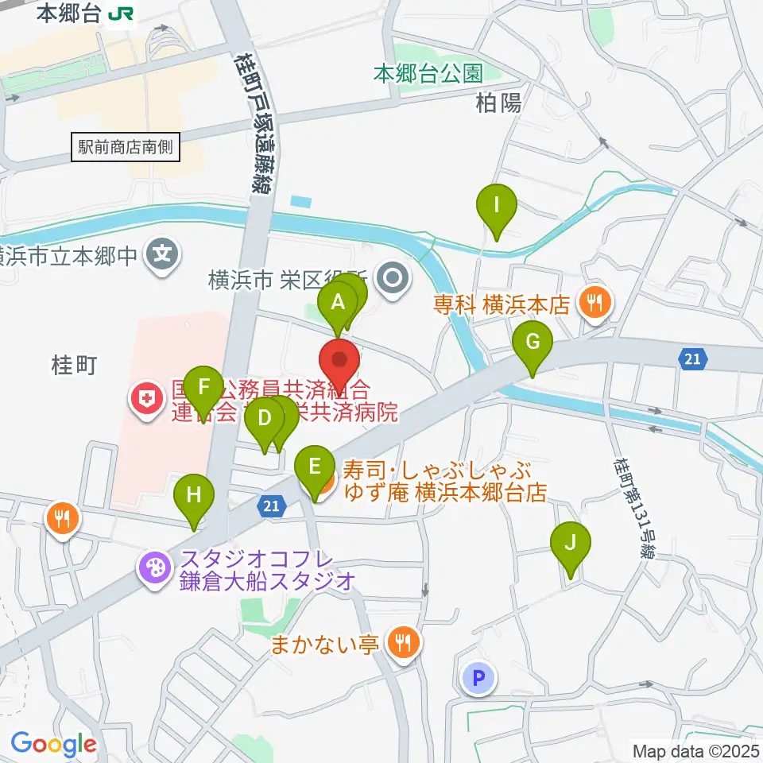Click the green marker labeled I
coord(497,206)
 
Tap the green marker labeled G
coord(533,343)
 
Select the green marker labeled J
coord(570,543)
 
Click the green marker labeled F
coord(204,388)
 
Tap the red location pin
coord(340,360)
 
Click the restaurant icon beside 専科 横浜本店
coord(595,303)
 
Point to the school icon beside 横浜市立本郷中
coord(163,256)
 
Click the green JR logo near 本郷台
coord(122,13)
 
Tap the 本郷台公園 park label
coord(428,75)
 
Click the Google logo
coord(54,744)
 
